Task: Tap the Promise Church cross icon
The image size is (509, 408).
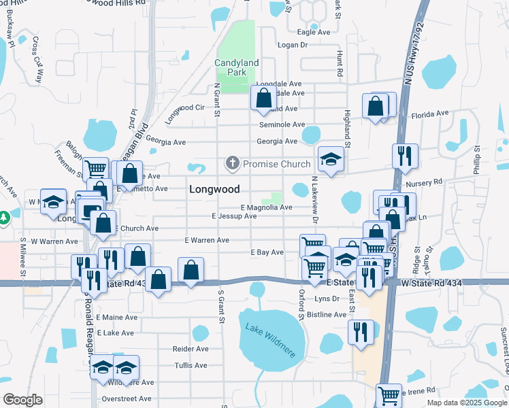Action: [233, 163]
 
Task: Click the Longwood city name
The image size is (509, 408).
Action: [214, 189]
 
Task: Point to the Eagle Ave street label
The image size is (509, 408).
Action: [314, 32]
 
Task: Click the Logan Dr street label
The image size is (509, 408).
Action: [293, 45]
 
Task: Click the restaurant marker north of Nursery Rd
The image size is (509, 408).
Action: [405, 156]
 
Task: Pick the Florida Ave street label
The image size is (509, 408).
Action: [430, 113]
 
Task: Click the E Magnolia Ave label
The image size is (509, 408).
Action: [266, 207]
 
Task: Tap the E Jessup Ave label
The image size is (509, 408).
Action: [234, 216]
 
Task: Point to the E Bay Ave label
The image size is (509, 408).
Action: [267, 252]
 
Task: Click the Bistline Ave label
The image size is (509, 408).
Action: [327, 315]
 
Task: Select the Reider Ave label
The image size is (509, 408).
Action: [191, 349]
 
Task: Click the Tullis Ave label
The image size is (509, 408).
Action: [191, 365]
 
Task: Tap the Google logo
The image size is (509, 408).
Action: [22, 400]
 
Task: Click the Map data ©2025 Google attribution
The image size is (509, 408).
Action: [467, 403]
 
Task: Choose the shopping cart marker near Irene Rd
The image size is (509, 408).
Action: [389, 394]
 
